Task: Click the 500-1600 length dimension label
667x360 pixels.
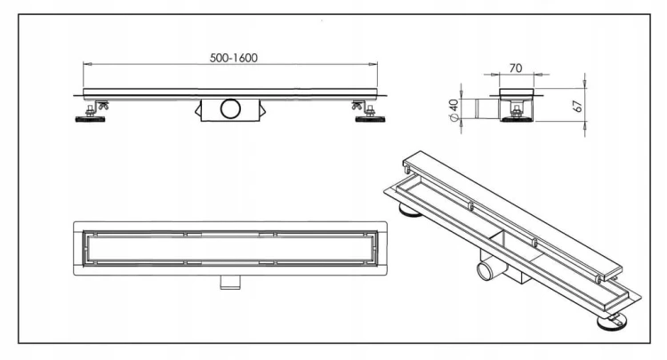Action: point(234,58)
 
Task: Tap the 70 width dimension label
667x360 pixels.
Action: point(516,68)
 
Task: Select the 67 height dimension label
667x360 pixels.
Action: point(578,106)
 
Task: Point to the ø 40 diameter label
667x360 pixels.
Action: point(454,110)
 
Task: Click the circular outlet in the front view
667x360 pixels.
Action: point(230,108)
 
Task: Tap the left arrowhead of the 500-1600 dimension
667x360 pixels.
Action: point(88,64)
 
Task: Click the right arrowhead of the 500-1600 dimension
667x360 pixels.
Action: point(373,64)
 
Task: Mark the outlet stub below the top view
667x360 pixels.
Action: point(230,282)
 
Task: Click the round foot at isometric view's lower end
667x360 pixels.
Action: point(612,322)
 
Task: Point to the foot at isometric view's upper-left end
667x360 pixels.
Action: point(410,210)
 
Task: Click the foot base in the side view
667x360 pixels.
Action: point(517,119)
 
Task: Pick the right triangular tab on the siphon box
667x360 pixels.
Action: point(262,111)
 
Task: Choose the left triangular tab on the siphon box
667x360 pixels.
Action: point(197,111)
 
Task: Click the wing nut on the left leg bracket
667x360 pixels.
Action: point(103,106)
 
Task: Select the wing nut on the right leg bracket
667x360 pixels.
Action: point(357,106)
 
